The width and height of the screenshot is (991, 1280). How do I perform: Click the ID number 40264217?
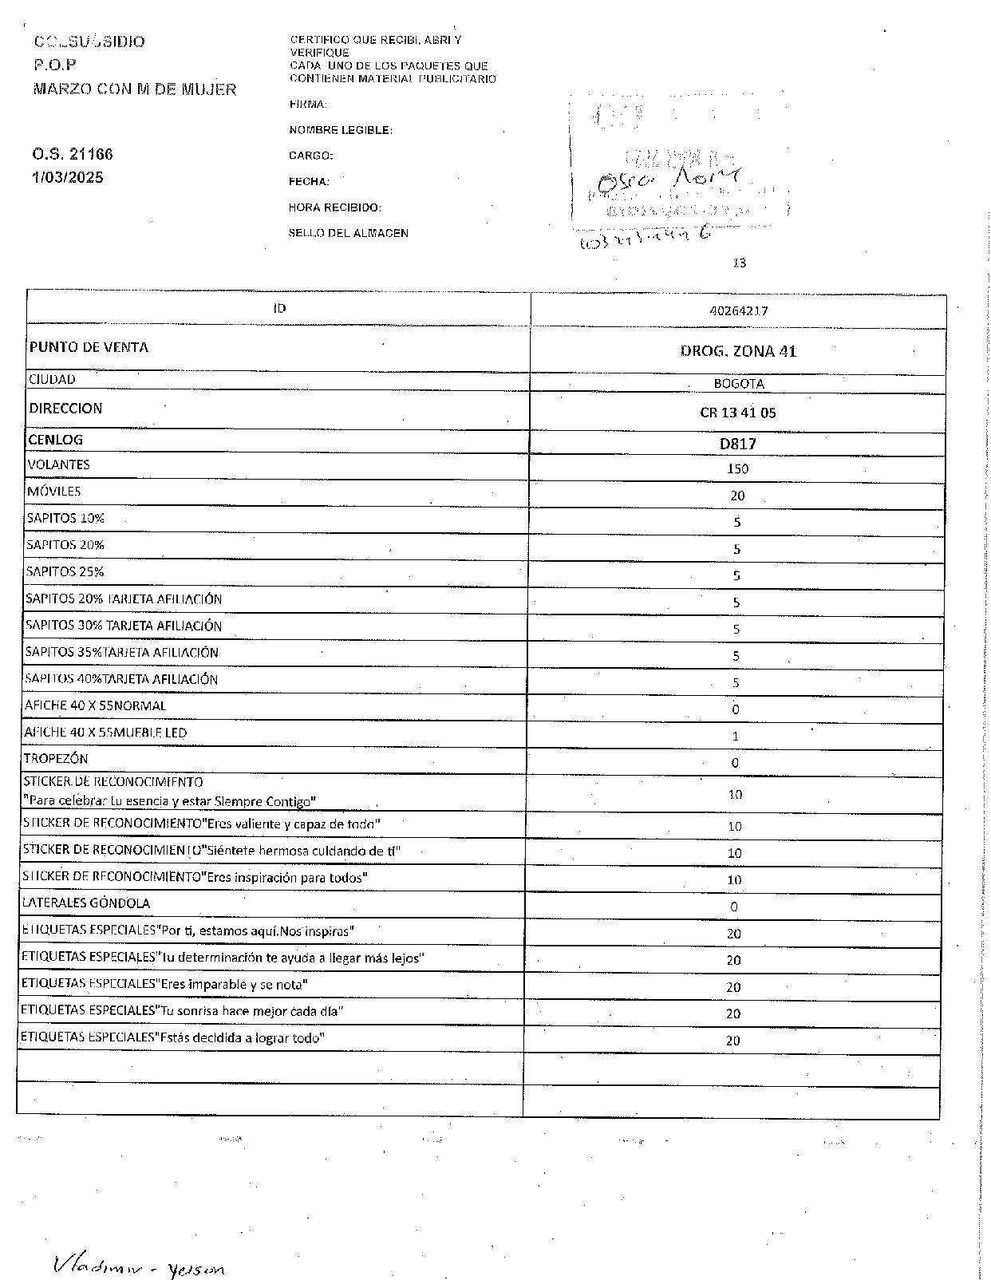point(738,310)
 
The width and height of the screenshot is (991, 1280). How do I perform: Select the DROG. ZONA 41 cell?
point(738,351)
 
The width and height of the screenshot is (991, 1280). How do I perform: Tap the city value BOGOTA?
point(738,384)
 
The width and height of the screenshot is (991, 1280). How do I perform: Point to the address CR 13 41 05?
point(737,413)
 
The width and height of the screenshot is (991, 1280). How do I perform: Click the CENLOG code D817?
point(737,444)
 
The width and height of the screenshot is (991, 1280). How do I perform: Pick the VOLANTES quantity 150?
point(737,468)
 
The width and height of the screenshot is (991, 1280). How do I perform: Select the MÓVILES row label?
point(54,492)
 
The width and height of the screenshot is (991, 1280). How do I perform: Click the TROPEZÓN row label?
point(56,758)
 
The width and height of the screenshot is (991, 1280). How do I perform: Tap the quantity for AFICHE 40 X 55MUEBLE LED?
point(735,736)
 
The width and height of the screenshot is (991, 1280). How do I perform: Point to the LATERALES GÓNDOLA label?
point(87,903)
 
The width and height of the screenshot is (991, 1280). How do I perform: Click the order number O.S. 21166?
point(73,154)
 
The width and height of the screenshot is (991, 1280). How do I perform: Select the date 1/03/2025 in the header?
point(68,177)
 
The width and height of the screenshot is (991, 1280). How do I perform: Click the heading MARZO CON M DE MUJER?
point(135,89)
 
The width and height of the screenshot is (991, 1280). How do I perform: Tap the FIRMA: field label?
point(308,105)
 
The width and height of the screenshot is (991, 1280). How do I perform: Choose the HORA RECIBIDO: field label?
point(335,207)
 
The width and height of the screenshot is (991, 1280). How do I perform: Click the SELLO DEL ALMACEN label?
point(349,234)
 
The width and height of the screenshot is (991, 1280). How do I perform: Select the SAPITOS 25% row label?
point(65,571)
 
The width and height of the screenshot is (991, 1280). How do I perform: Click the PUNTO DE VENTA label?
point(89,347)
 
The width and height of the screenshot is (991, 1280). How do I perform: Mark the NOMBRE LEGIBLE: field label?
point(341,130)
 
